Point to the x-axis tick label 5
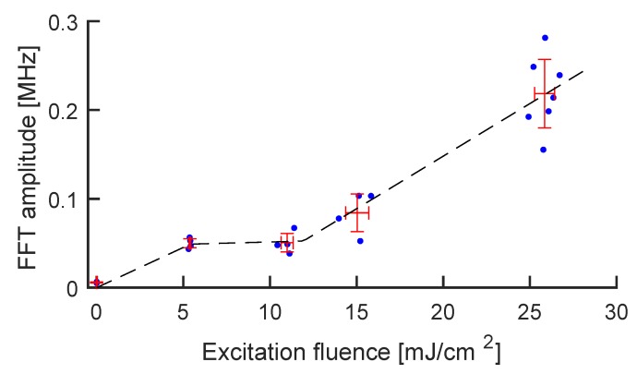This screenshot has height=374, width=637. tap(183, 312)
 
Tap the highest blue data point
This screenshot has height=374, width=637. tap(545, 38)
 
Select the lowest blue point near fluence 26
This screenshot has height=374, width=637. tap(543, 150)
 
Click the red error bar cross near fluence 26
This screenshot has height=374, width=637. tap(544, 93)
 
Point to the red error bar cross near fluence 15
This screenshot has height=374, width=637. tap(357, 211)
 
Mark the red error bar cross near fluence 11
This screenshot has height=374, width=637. tap(287, 243)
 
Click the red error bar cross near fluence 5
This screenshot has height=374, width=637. tap(189, 243)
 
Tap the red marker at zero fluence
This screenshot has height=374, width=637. tap(96, 283)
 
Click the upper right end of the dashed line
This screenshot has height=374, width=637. tap(583, 69)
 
